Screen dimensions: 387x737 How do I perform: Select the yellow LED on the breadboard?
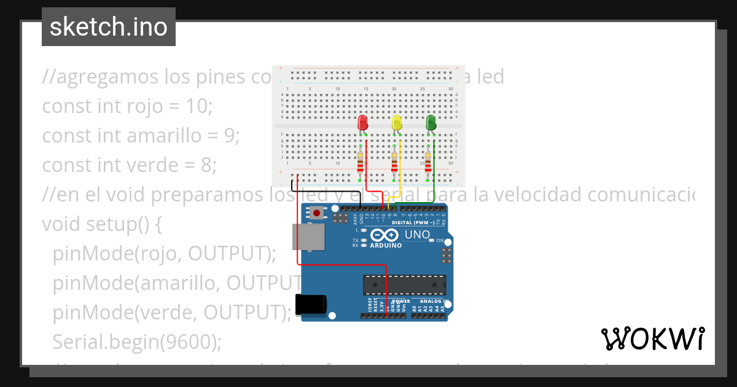point(397,122)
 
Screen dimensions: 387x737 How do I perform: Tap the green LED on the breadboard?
point(431,122)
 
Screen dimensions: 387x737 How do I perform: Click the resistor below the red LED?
point(361,165)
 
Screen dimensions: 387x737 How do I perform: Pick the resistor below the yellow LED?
point(394,165)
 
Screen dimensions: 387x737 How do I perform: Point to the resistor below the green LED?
point(427,165)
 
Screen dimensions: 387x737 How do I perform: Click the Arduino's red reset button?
point(316,214)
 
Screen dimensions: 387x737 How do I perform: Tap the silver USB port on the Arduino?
point(308,237)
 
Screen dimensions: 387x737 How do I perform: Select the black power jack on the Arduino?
point(310,305)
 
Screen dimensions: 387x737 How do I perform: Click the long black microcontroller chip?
point(405,285)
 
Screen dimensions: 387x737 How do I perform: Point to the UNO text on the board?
point(417,235)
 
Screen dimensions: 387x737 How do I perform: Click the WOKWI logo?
point(652,338)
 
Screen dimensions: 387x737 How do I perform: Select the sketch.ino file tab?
point(109,27)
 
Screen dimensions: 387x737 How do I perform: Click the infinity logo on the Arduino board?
point(385,235)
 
